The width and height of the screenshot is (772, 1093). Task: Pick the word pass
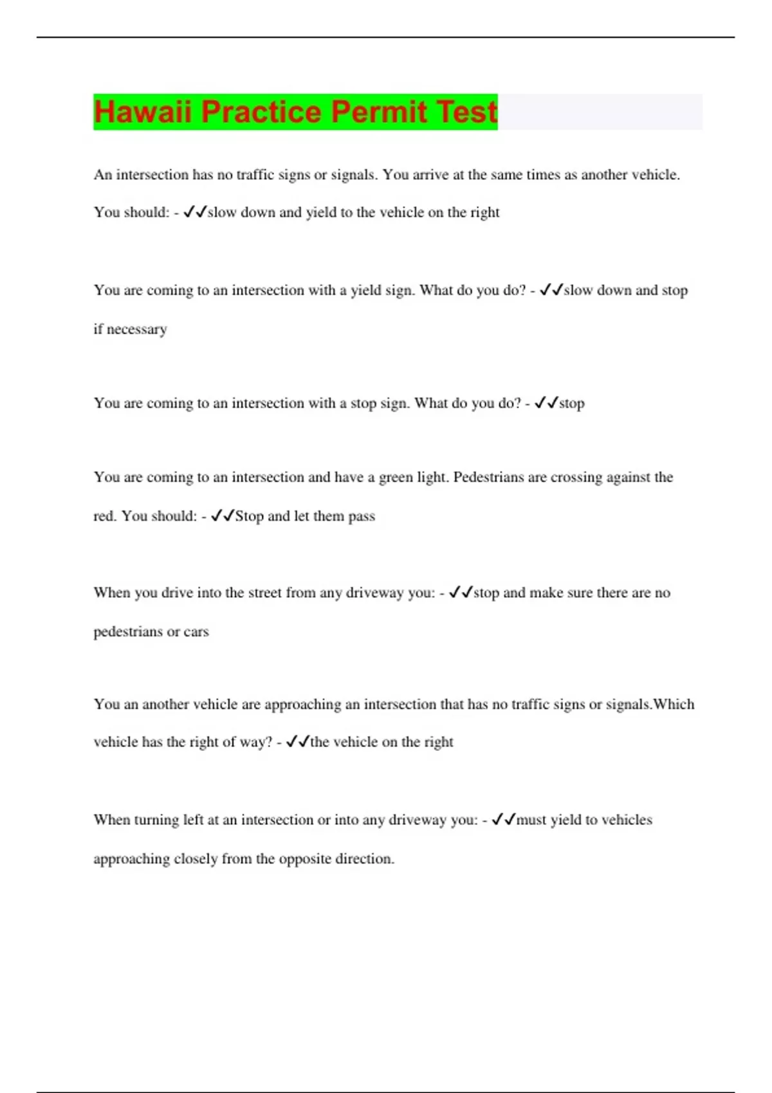pos(361,516)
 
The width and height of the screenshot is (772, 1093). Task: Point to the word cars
pos(196,632)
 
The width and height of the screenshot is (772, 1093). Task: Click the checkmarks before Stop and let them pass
pos(223,516)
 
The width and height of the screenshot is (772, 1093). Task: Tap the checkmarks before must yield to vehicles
pos(504,820)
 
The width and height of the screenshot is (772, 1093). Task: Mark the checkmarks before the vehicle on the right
pos(297,742)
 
